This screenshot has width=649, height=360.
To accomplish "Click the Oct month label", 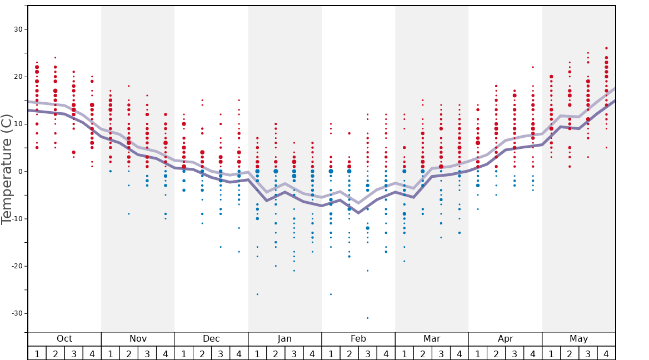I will click(x=64, y=339).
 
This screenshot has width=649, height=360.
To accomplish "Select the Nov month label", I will click(x=138, y=339).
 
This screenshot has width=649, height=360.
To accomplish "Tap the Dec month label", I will click(x=211, y=339).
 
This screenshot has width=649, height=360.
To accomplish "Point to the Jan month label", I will click(x=284, y=339).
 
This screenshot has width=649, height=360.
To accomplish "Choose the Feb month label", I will click(x=358, y=339).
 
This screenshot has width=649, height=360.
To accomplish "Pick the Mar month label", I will click(x=432, y=339).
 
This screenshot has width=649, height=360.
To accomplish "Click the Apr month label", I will click(x=505, y=339).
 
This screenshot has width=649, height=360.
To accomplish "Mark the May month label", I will click(x=578, y=339).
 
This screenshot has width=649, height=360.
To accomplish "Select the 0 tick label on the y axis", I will click(x=21, y=171).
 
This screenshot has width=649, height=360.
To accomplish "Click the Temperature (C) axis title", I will click(x=7, y=169).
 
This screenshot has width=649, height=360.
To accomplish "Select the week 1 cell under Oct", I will click(x=37, y=353).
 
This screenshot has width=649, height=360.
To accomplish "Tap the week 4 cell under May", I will click(x=606, y=353).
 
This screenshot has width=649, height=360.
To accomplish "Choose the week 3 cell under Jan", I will click(x=294, y=353).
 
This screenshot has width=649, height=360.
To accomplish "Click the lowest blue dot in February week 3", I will click(x=367, y=318).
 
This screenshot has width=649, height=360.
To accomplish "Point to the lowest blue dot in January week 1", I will click(x=257, y=294).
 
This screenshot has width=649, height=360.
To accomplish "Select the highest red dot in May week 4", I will click(x=606, y=48).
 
